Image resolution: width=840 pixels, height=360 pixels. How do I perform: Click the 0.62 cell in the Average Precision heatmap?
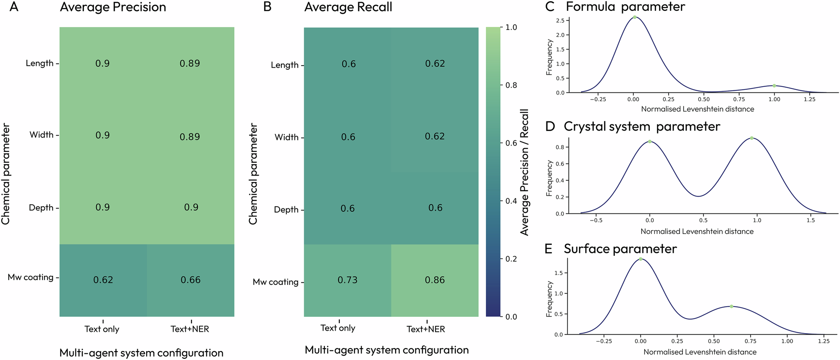[x=103, y=280]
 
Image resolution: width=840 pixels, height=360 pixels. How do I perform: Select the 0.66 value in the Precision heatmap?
[x=191, y=280]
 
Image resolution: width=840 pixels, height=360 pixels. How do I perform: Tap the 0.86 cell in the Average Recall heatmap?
[x=435, y=280]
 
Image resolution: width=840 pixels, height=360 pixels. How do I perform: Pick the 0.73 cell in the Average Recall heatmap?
[x=348, y=280]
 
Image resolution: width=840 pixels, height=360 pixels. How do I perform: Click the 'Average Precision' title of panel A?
[x=113, y=7]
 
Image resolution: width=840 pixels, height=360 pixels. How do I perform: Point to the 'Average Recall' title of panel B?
[x=348, y=7]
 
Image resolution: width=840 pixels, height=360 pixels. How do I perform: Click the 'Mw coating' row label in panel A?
[x=31, y=277]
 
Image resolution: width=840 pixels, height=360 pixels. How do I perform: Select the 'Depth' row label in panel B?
[x=286, y=210]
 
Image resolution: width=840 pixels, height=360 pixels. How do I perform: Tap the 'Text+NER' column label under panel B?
[x=426, y=329]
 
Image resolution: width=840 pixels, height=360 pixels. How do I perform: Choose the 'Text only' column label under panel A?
[x=102, y=329]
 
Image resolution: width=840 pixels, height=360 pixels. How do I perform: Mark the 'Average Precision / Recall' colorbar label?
[x=525, y=172]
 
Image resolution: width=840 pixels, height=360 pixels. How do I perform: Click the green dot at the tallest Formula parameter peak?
[x=635, y=17]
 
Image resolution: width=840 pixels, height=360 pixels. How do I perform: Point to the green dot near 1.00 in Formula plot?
[x=774, y=86]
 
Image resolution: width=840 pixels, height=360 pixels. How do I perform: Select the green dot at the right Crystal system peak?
[x=751, y=138]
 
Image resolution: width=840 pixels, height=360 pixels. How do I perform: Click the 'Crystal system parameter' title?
[x=642, y=126]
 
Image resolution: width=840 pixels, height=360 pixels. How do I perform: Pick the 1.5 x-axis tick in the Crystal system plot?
[x=811, y=220]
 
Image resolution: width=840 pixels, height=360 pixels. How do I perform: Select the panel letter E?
[x=549, y=249]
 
